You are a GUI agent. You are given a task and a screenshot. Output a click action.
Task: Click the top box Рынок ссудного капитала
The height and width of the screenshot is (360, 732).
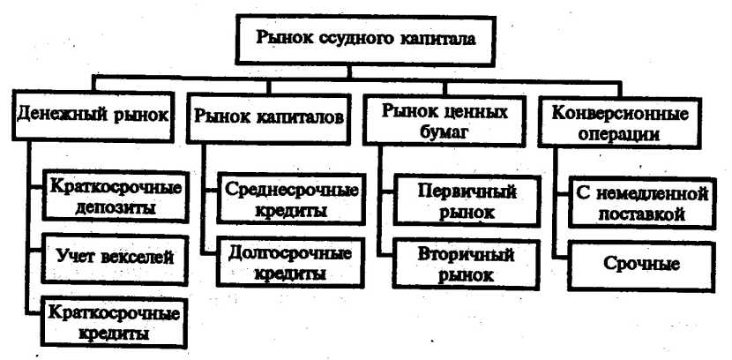click(x=365, y=39)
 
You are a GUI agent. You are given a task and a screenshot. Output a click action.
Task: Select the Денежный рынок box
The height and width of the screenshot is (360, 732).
click(x=93, y=116)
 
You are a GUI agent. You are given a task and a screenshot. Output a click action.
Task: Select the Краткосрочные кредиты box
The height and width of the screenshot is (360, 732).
click(x=113, y=322)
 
